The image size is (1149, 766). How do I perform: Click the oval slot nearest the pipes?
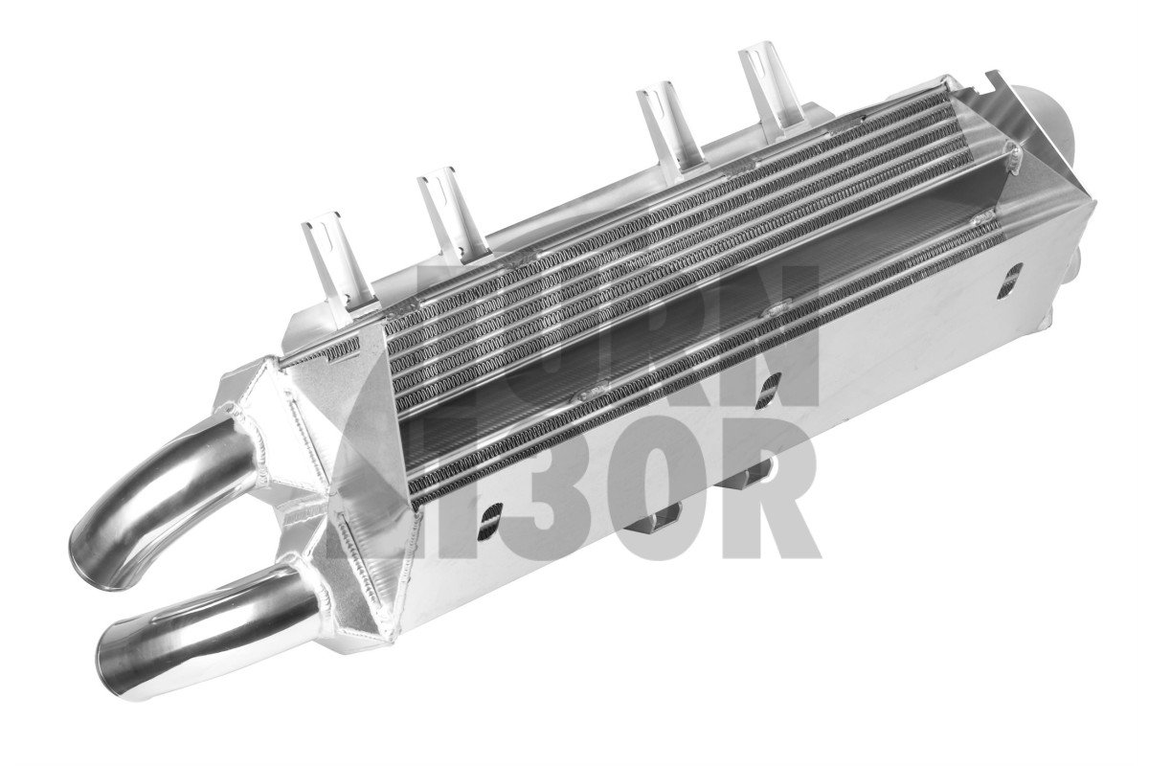[490, 517]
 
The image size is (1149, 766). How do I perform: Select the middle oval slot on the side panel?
[768, 385]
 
